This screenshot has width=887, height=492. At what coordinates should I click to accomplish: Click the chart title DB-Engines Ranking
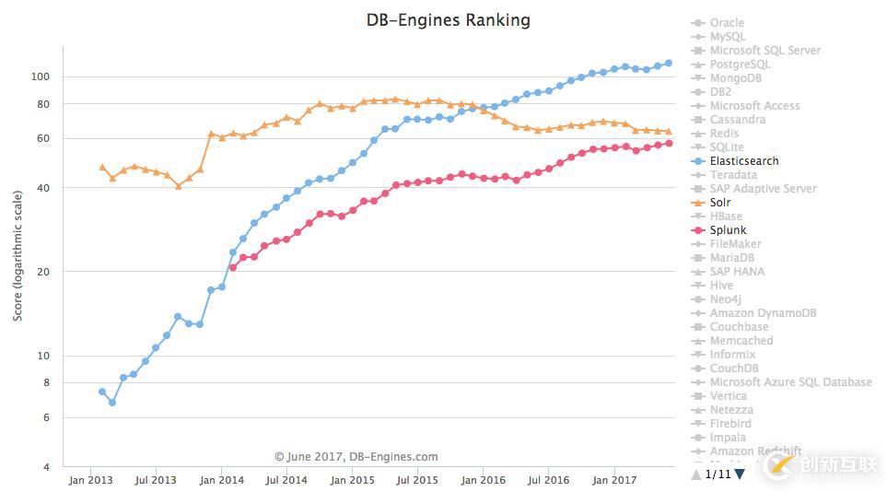[448, 19]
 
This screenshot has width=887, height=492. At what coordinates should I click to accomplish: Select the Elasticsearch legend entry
[743, 161]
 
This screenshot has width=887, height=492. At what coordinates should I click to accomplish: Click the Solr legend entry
[720, 203]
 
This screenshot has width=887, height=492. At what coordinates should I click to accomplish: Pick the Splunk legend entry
[728, 230]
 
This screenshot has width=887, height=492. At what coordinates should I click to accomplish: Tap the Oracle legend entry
[727, 23]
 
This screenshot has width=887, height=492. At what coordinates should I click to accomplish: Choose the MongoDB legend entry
[735, 78]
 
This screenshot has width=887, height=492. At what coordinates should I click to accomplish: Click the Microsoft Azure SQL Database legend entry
[790, 382]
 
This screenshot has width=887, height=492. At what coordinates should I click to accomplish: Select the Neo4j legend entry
[725, 299]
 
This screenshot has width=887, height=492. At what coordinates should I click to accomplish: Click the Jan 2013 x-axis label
[90, 480]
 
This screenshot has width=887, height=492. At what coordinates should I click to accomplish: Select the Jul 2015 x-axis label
[418, 480]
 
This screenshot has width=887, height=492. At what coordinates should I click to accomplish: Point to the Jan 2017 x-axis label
[613, 480]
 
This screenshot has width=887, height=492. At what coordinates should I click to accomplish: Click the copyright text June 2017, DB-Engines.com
[356, 456]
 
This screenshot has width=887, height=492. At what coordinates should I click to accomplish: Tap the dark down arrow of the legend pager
[740, 474]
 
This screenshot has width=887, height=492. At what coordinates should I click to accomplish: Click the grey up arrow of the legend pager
[695, 474]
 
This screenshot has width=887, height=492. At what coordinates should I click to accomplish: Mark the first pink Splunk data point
[233, 267]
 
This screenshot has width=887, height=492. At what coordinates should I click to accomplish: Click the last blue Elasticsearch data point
[669, 63]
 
